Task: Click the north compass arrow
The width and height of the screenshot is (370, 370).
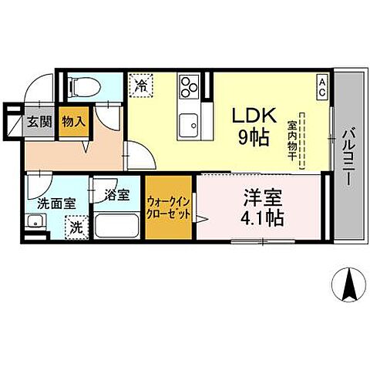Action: pos(348,286)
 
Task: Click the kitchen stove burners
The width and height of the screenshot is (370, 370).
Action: pos(189,87)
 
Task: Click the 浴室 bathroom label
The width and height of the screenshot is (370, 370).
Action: pos(116,196)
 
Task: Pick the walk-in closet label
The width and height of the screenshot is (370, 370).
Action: pos(168,208)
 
